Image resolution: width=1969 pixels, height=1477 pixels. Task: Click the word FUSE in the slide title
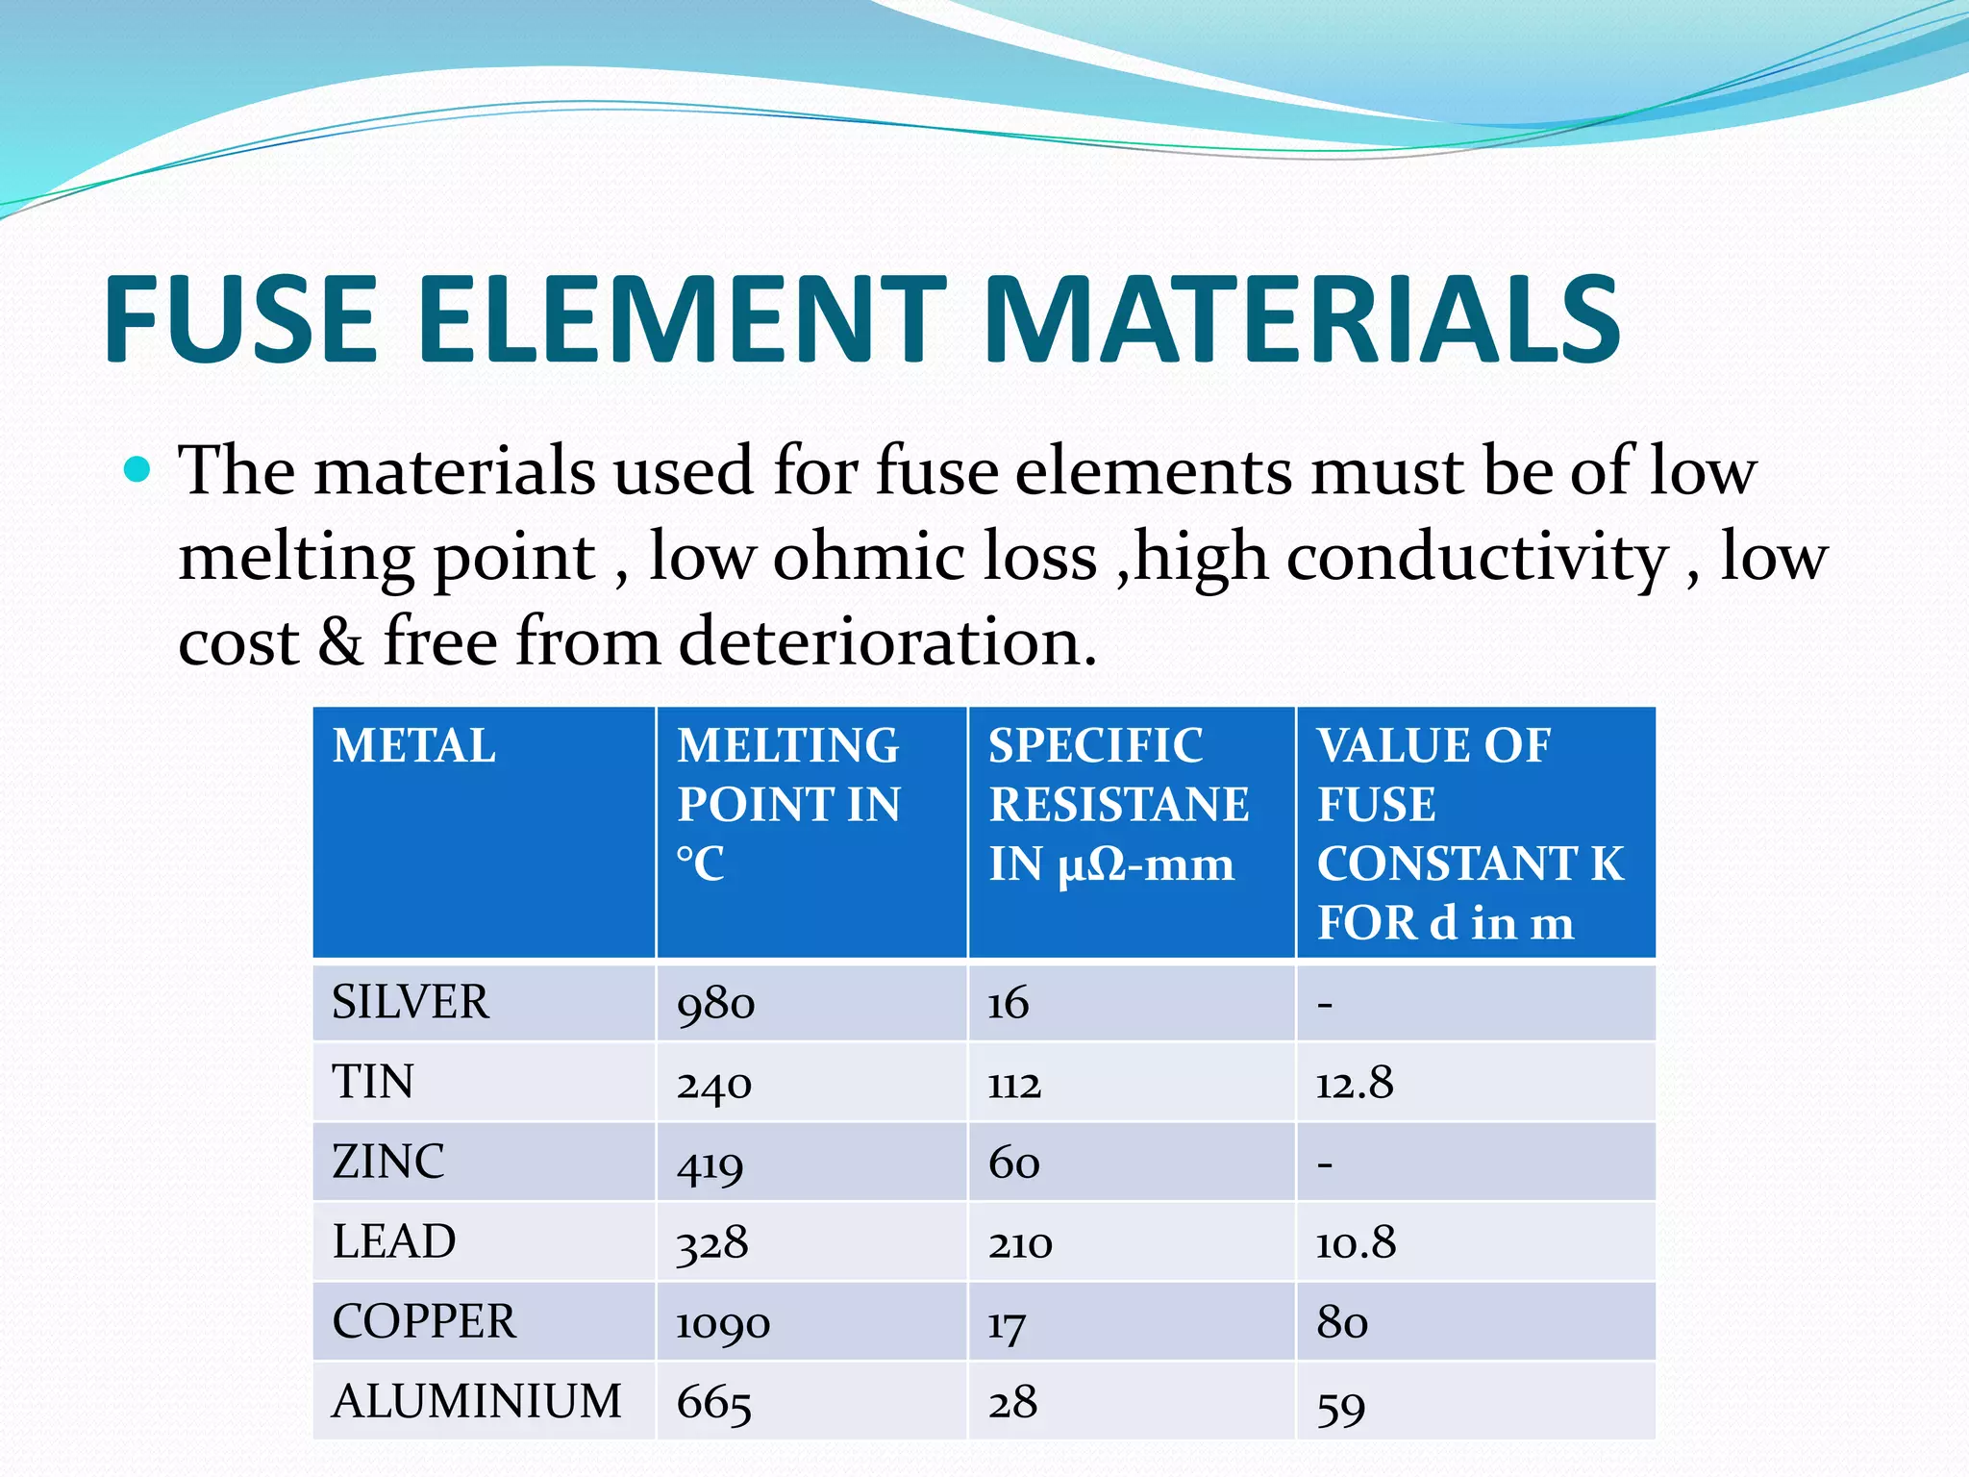coord(240,319)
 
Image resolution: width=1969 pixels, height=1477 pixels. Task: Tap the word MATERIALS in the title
coord(1302,319)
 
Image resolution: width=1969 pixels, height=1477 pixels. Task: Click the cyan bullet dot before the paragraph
coord(138,469)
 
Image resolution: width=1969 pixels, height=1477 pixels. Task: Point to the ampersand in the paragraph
coord(340,642)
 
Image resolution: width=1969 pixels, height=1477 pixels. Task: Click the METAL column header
coord(414,746)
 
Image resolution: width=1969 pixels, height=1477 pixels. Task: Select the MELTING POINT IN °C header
coord(788,804)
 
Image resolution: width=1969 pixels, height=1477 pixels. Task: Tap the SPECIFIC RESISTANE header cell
coord(1119,804)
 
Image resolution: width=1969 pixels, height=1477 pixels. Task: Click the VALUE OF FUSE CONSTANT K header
coord(1469,833)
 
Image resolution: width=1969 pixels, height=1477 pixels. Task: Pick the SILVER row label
coord(411,1002)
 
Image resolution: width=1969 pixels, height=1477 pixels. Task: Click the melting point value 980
coord(715,1004)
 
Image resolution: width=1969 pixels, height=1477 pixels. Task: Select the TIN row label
coord(373,1082)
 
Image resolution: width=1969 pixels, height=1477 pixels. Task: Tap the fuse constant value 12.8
coord(1355,1084)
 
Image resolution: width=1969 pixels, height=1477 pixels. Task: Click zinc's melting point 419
coord(710,1164)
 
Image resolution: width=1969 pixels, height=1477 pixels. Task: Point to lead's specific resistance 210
coord(1020,1243)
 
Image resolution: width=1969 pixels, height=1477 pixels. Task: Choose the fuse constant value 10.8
coord(1356,1243)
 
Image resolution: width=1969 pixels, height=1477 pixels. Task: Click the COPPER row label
coord(424,1321)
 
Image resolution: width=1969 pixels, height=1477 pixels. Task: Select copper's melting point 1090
coord(723,1323)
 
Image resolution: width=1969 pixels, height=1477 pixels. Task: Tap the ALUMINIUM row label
coord(477,1401)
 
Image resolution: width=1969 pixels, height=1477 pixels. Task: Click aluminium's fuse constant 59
coord(1341,1405)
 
